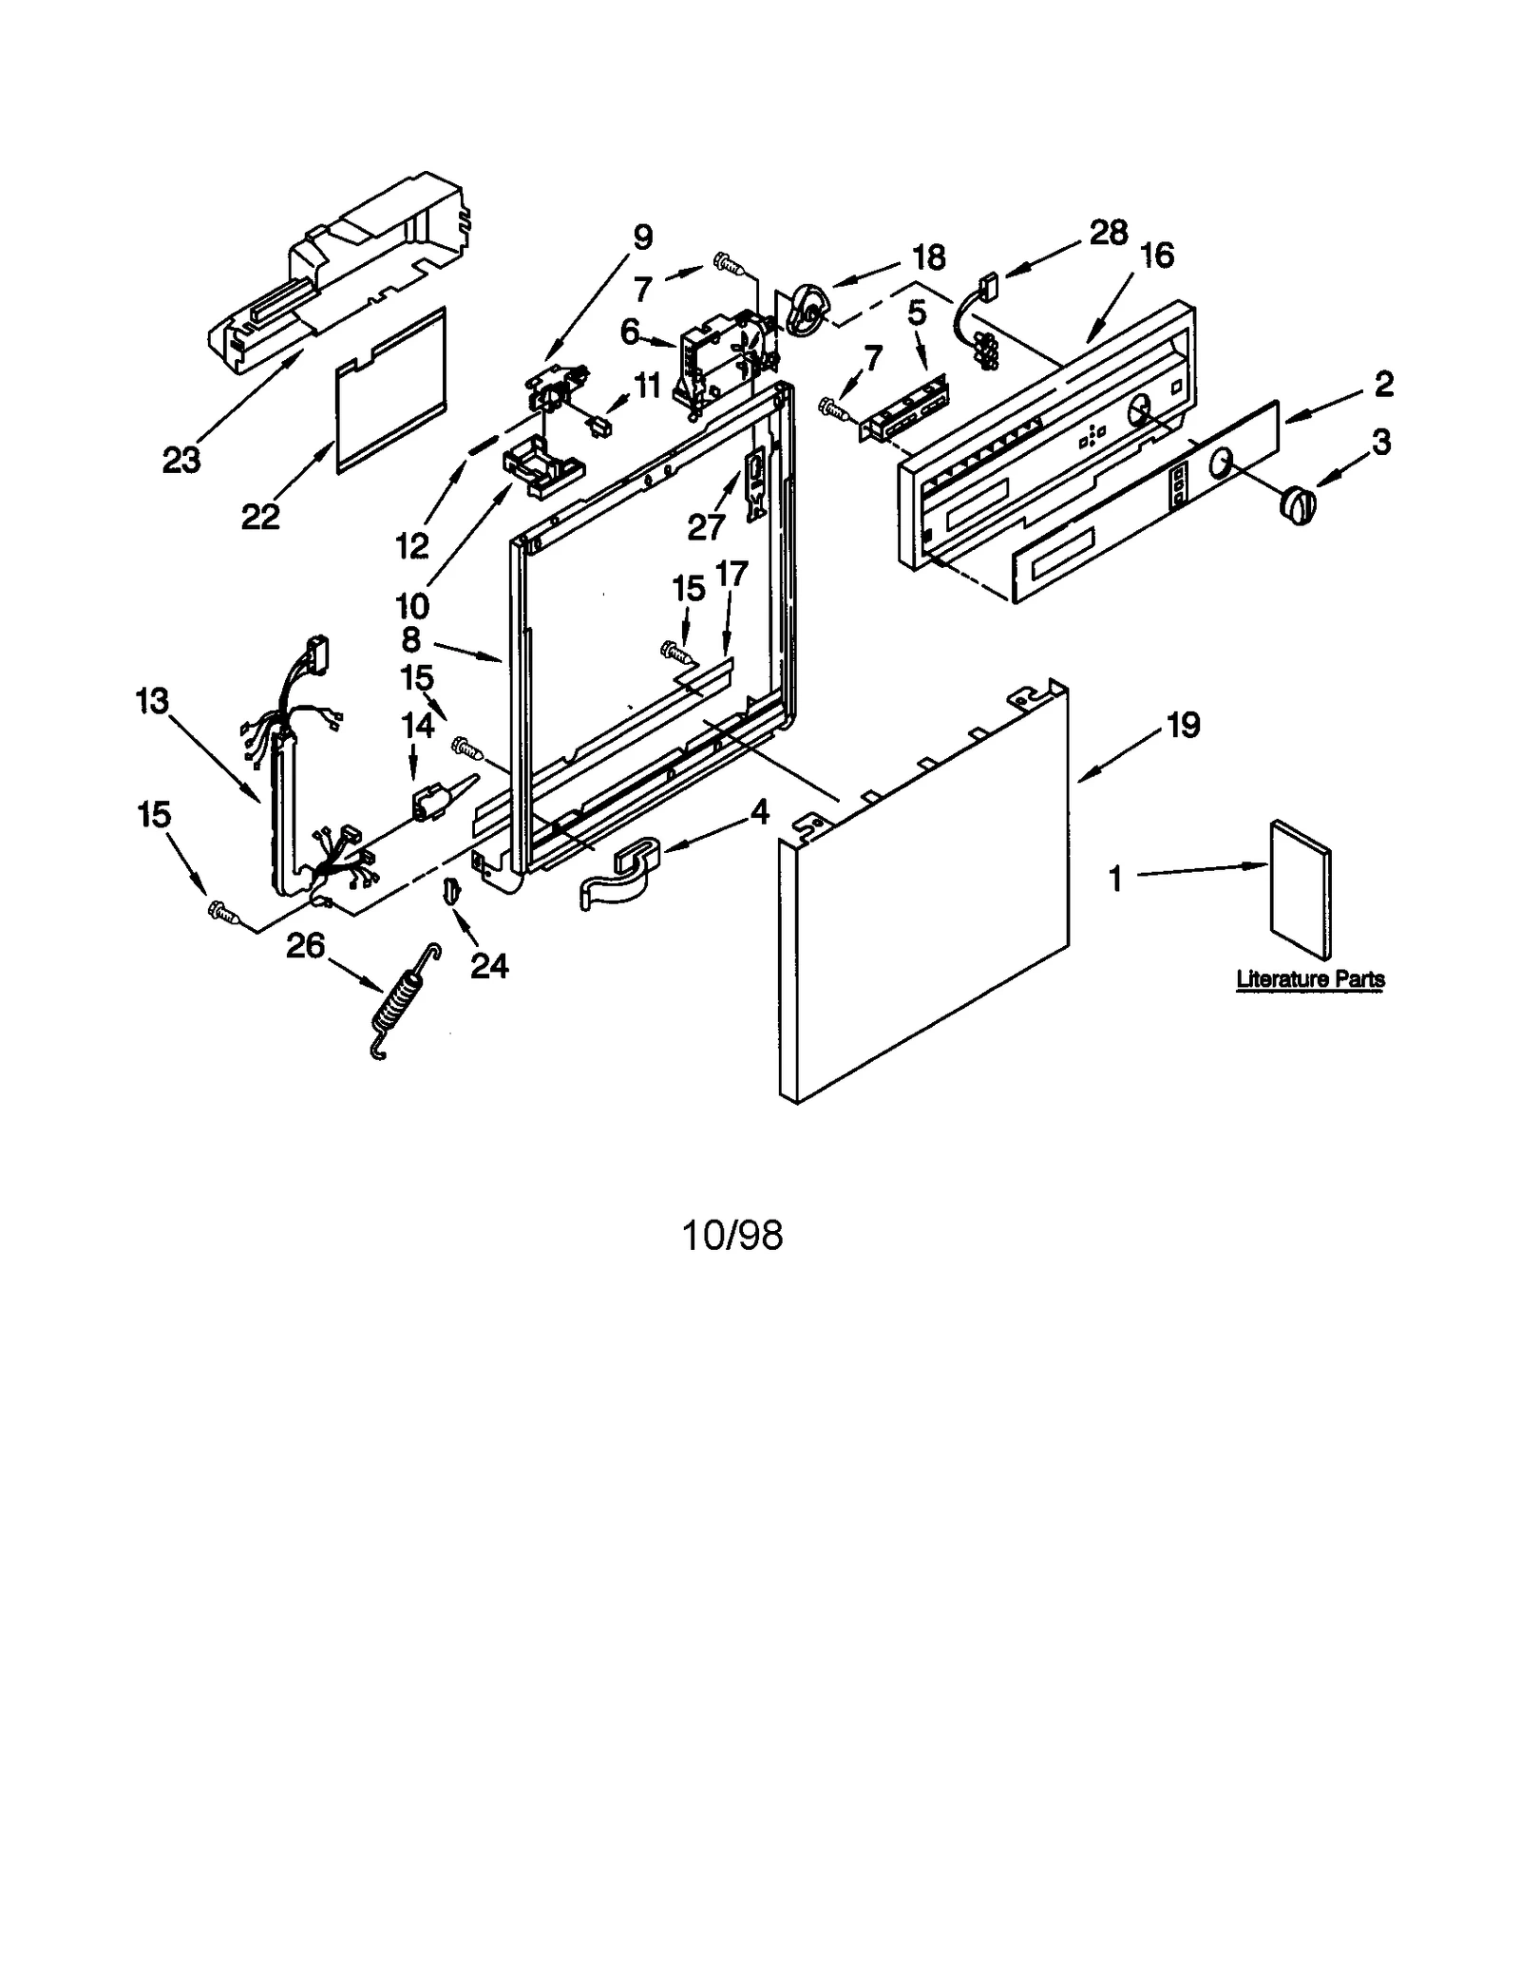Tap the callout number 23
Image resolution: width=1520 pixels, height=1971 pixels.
click(x=181, y=460)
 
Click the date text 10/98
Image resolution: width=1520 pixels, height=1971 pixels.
click(x=732, y=1235)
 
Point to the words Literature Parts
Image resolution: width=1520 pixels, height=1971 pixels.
click(x=1309, y=978)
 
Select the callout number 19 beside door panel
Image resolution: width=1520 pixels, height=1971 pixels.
click(x=1183, y=725)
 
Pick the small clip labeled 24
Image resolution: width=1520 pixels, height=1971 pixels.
click(x=451, y=889)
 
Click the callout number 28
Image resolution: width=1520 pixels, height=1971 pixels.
click(x=1108, y=233)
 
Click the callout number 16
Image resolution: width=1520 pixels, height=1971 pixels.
click(x=1157, y=255)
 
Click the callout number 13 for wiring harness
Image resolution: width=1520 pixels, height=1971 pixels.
click(x=152, y=701)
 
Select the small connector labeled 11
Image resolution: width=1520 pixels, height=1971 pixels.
click(x=599, y=426)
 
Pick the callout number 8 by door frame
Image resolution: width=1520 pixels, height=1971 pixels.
click(x=410, y=639)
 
